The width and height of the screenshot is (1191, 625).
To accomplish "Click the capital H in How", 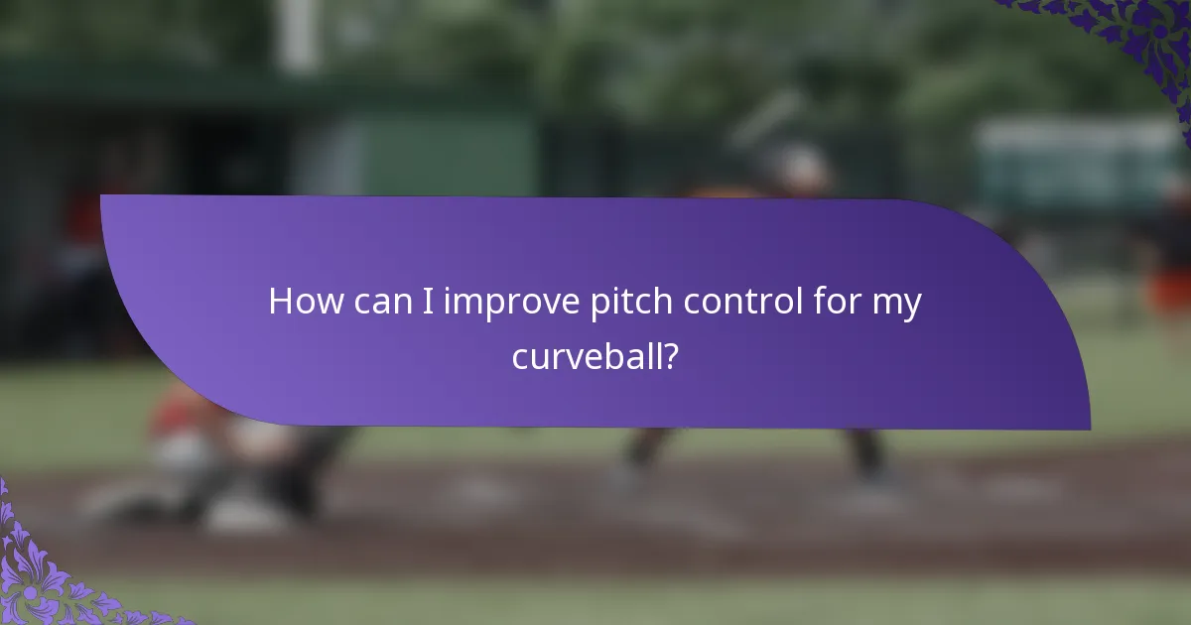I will coord(280,302).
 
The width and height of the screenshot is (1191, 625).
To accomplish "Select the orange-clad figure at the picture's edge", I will coord(1171,278).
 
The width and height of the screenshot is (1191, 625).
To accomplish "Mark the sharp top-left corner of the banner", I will coord(102,196).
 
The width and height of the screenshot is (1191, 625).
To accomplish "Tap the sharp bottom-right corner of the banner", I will coord(1089,429).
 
